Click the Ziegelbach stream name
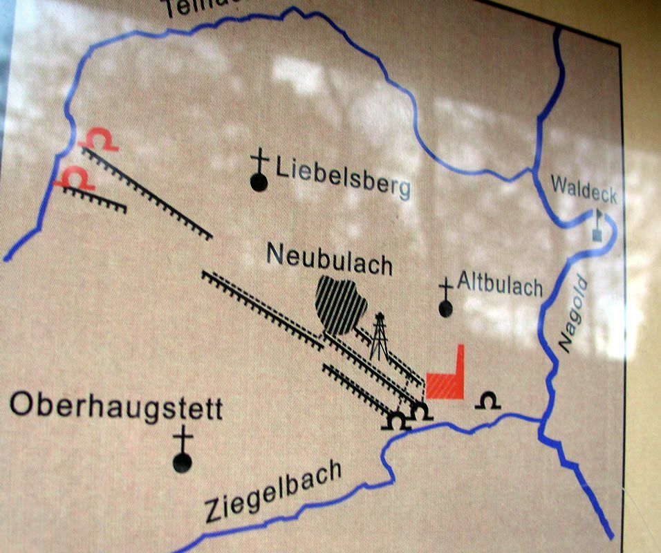[x=274, y=493]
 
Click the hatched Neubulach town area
[x=340, y=304]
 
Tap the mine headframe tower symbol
[x=378, y=337]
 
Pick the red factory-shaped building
[x=446, y=379]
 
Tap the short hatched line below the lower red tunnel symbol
[x=94, y=198]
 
